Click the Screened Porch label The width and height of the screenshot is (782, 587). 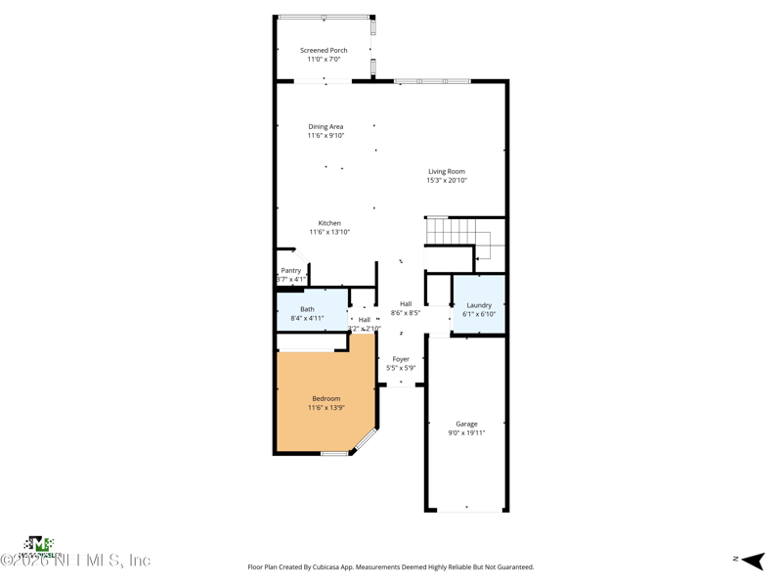324,50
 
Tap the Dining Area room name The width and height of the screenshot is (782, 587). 326,126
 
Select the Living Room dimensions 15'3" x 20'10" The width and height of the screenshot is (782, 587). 447,180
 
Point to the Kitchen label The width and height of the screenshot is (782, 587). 329,223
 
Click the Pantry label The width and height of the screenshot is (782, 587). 291,270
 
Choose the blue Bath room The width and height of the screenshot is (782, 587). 311,312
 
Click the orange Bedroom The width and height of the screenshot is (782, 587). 326,402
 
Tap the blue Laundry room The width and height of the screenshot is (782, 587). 479,308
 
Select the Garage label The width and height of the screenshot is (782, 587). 466,424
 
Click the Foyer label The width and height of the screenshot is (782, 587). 401,359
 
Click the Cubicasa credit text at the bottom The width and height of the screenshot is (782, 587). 391,566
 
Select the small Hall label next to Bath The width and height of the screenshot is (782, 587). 364,320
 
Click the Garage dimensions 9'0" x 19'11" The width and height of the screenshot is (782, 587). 466,432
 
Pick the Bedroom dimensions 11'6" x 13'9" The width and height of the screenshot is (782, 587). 326,407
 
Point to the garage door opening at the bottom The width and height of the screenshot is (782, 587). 466,509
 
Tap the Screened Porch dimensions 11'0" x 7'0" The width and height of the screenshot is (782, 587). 324,60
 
